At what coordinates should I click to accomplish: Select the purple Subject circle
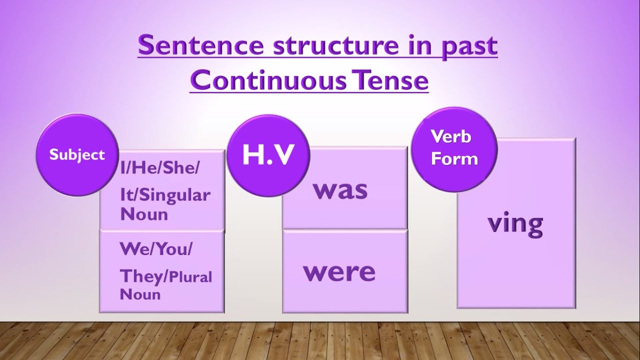point(77,154)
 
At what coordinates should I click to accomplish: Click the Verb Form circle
point(454,148)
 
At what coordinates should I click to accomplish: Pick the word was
point(340,190)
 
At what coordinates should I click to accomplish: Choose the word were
point(339,271)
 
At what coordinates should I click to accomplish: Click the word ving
point(515,223)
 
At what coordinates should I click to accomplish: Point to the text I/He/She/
point(159,169)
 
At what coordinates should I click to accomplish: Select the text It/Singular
point(165,195)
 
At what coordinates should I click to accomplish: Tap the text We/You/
point(155,249)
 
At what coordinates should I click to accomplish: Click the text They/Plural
point(166,276)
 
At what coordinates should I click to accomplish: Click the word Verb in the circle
point(451,136)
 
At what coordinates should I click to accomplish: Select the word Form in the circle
point(454,159)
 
